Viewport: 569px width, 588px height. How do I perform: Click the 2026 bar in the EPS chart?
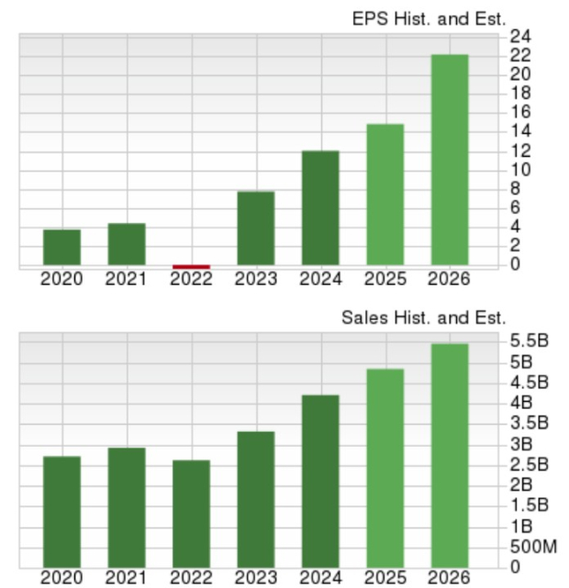449,161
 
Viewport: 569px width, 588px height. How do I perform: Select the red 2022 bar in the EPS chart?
191,267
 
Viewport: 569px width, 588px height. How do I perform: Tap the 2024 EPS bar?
320,208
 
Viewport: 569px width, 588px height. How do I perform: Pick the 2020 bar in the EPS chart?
61,248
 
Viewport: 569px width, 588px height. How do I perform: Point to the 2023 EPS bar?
255,228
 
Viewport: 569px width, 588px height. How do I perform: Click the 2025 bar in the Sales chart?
385,468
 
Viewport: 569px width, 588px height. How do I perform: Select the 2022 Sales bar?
191,513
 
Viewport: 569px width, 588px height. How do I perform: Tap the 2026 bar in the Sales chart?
449,455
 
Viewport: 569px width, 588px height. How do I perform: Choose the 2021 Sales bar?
127,507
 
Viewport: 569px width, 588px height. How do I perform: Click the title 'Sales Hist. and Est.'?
423,317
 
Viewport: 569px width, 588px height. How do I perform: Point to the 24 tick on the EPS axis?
520,37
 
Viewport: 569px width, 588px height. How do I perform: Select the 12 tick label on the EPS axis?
520,150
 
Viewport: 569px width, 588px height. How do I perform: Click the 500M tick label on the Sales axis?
532,547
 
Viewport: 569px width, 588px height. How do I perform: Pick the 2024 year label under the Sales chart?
320,578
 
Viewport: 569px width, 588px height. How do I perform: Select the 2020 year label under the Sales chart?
61,578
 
